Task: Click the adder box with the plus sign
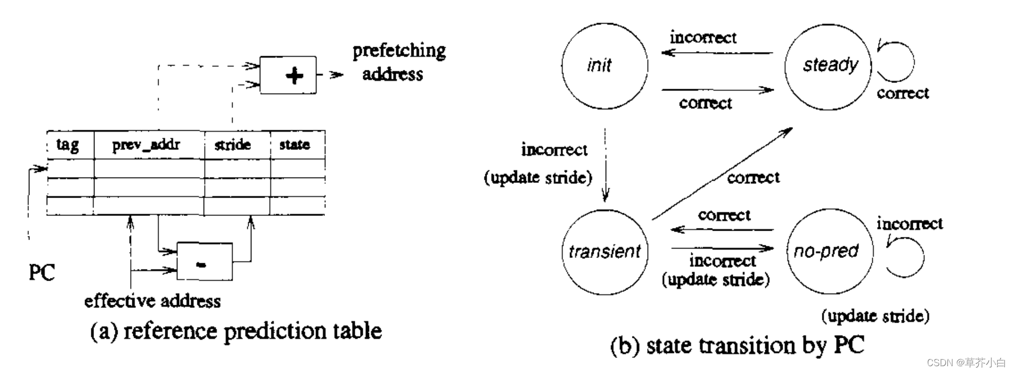[288, 75]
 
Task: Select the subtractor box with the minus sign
[204, 262]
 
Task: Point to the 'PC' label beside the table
[41, 273]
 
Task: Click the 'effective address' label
[152, 301]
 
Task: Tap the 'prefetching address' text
[398, 63]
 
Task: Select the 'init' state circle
[604, 66]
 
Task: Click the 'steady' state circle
[828, 66]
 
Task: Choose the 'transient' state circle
[604, 252]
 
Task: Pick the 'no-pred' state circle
[829, 252]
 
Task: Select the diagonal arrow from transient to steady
[722, 173]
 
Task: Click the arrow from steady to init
[716, 53]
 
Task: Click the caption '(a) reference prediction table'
[236, 331]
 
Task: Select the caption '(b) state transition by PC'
[737, 346]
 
